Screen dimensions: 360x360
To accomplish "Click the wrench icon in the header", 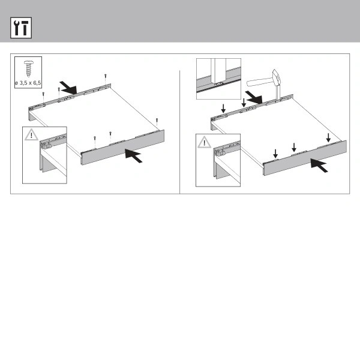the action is (x=16, y=28).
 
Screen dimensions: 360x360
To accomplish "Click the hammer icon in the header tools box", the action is (x=25, y=28).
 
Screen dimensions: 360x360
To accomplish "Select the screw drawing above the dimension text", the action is (x=28, y=68).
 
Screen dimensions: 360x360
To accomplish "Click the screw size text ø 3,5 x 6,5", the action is (x=28, y=83).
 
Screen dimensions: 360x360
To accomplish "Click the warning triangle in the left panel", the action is (x=31, y=135).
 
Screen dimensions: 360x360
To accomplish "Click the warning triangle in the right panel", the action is (x=205, y=142).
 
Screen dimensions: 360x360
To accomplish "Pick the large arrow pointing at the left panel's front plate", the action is (x=134, y=155).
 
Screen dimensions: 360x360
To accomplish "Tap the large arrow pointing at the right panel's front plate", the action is (x=319, y=165).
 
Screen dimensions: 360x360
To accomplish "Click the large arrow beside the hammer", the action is (x=254, y=97).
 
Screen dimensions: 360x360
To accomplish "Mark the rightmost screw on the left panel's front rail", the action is (x=157, y=122).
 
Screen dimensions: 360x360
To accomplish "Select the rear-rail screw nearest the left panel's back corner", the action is (x=106, y=78).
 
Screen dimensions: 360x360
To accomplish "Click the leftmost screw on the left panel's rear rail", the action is (x=43, y=97).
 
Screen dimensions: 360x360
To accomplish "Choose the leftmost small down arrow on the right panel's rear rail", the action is (x=223, y=109).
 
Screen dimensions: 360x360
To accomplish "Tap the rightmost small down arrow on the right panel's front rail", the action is (x=328, y=137).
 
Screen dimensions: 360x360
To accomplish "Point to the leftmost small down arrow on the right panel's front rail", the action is (x=275, y=154).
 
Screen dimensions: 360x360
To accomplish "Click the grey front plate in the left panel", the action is (x=123, y=148).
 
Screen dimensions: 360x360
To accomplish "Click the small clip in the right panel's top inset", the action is (x=218, y=83).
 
